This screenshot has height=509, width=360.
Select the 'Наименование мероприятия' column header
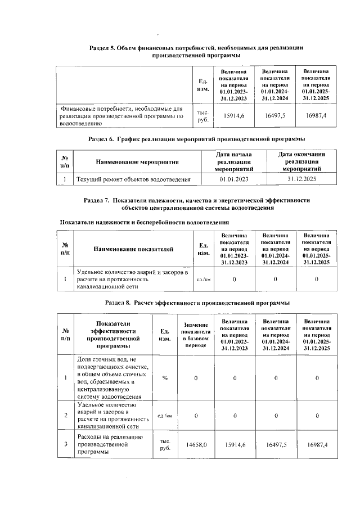click(x=137, y=161)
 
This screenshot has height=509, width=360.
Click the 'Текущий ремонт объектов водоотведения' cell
click(x=133, y=179)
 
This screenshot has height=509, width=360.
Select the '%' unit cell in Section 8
click(x=165, y=377)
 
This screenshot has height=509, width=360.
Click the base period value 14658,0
click(x=196, y=444)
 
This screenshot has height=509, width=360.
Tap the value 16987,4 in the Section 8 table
click(x=317, y=444)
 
